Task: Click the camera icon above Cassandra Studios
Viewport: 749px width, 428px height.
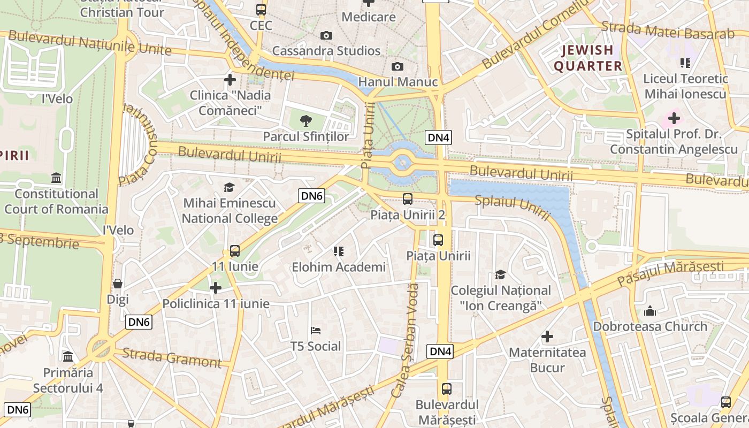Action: click(326, 36)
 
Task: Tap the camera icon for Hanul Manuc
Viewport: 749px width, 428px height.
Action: click(397, 66)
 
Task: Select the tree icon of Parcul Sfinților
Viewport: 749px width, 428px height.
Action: click(305, 120)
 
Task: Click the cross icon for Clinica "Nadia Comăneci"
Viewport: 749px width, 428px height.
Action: click(230, 80)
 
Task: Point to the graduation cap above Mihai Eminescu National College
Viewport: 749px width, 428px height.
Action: click(229, 187)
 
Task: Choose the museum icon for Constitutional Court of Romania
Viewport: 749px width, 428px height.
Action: click(56, 178)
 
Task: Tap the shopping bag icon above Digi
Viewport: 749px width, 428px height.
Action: click(118, 284)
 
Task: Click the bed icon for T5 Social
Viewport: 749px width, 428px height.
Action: click(316, 331)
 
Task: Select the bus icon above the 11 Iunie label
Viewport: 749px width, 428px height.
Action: click(234, 250)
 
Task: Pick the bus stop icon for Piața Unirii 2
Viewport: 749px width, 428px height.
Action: click(408, 199)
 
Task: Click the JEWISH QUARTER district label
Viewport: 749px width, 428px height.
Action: click(588, 58)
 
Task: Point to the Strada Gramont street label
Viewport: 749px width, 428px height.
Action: click(172, 357)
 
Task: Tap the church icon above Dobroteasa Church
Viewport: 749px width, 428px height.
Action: click(650, 310)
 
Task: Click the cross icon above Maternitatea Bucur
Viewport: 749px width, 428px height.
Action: click(547, 337)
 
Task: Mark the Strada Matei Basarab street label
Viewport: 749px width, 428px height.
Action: click(668, 30)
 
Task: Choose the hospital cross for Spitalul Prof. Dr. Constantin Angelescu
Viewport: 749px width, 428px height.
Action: click(674, 118)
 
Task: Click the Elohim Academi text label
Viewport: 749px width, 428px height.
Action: click(339, 267)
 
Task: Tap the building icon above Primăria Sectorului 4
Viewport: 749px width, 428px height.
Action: click(68, 356)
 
